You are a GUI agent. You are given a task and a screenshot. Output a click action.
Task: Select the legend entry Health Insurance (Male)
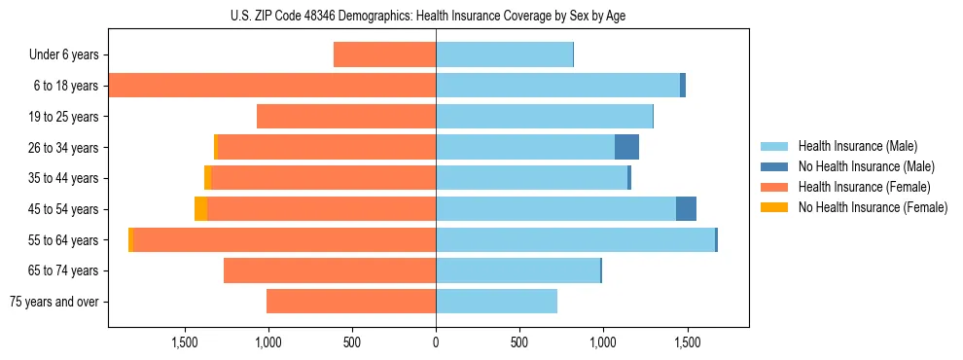[x=856, y=146]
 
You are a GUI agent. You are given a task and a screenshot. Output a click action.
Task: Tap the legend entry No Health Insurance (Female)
[x=873, y=207]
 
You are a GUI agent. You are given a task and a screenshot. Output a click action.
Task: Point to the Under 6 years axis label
[x=63, y=55]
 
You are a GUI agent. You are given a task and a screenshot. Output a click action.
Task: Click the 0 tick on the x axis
[x=436, y=342]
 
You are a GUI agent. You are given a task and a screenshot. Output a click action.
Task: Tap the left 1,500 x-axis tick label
[x=185, y=342]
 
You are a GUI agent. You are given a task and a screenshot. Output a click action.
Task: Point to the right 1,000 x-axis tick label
[x=603, y=342]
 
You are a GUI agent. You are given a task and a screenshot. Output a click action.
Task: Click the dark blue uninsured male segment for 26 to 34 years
[x=626, y=147]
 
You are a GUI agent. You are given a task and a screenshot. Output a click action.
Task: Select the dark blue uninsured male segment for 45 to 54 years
[x=686, y=209]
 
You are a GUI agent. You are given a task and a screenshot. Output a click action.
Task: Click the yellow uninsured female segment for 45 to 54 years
[x=200, y=209]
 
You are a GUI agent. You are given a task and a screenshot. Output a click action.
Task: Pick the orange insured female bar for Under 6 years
[x=384, y=55]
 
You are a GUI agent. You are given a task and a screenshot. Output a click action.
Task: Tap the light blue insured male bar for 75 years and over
[x=496, y=302]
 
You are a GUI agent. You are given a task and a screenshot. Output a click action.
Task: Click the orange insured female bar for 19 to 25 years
[x=346, y=117]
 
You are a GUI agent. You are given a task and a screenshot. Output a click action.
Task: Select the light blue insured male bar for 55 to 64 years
[x=575, y=240]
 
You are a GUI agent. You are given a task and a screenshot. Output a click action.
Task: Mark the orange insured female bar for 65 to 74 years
[x=330, y=270]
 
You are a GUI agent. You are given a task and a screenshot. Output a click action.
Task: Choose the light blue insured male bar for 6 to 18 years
[x=557, y=86]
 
